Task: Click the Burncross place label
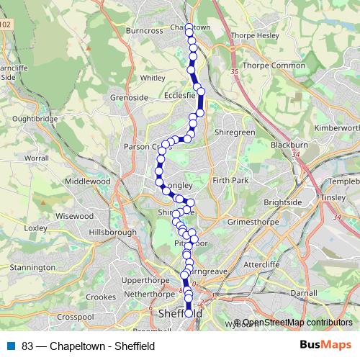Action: [x=145, y=32]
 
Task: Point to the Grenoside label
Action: [x=129, y=97]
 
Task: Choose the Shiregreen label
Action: [x=235, y=132]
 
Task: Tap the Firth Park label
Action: [x=230, y=179]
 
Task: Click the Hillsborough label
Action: [x=112, y=233]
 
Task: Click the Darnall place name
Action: [x=304, y=294]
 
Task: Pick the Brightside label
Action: [x=283, y=203]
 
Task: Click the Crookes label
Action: [x=101, y=297]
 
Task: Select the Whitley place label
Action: [x=153, y=78]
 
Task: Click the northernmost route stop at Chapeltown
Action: [x=189, y=27]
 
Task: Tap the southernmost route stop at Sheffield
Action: [x=189, y=313]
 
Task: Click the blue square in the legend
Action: [x=11, y=346]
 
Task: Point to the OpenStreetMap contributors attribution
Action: [x=297, y=323]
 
